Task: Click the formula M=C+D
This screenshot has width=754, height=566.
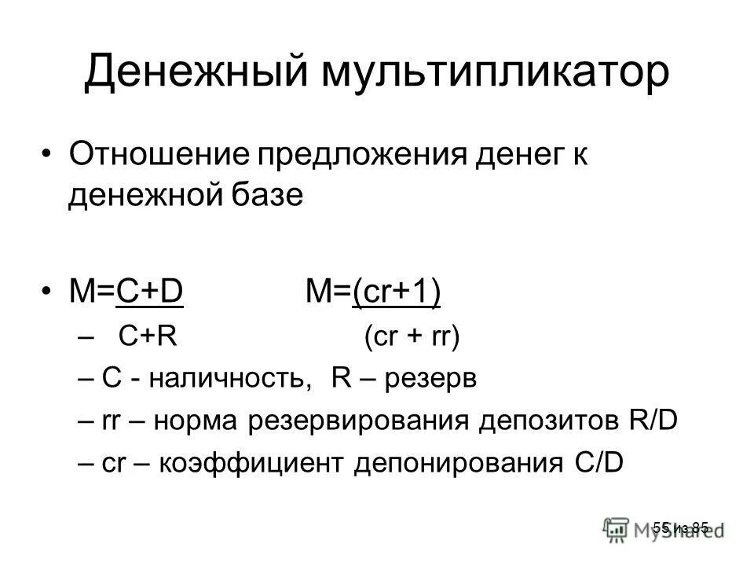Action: (x=126, y=292)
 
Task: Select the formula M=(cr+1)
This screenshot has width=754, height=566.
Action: (x=372, y=292)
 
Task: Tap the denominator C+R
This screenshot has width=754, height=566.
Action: (x=145, y=338)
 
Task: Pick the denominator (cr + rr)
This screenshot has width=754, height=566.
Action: (x=411, y=338)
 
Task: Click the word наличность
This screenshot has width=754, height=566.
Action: (x=235, y=380)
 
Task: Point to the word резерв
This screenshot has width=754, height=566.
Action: (x=435, y=380)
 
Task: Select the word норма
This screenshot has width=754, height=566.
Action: (x=199, y=422)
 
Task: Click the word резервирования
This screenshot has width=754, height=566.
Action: (x=353, y=422)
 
